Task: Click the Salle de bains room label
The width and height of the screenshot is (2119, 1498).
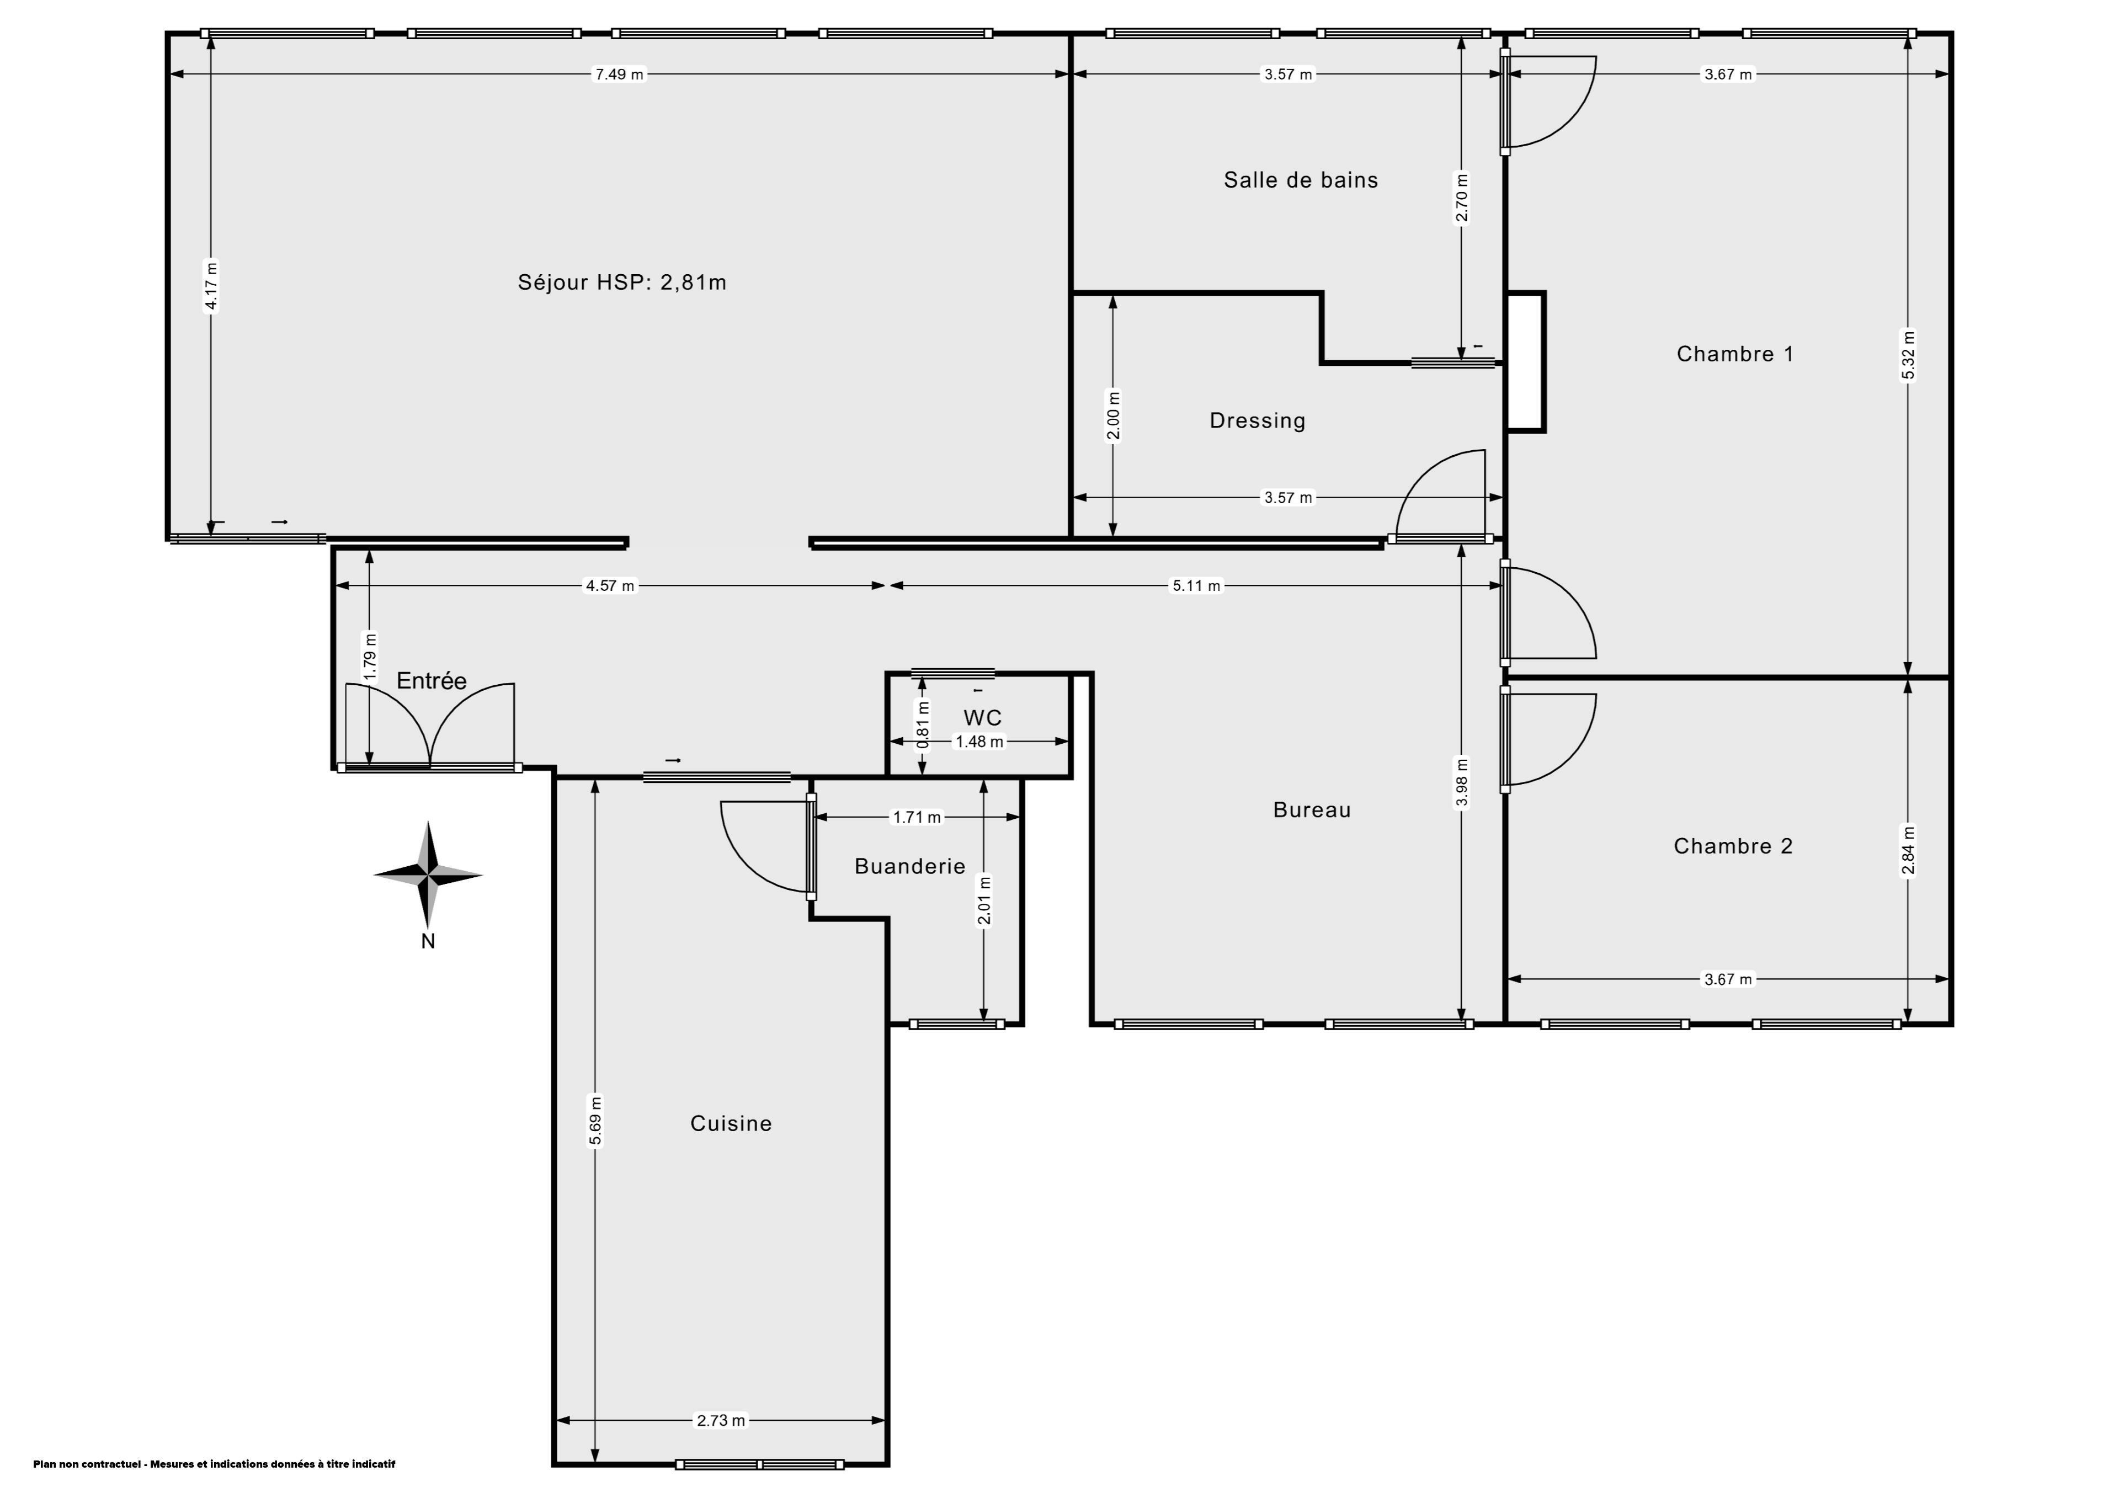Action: (x=1301, y=180)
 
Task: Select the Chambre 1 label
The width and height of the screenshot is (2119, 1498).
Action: (x=1735, y=354)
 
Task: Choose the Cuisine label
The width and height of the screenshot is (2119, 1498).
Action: (x=731, y=1123)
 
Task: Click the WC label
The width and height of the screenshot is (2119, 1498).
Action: (x=982, y=717)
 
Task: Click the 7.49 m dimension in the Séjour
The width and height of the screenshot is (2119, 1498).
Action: (x=619, y=74)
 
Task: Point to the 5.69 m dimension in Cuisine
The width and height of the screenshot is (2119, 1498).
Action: (x=596, y=1121)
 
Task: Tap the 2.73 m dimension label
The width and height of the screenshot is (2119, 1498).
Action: (x=720, y=1420)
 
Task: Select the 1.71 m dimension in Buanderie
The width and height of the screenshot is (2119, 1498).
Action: (x=917, y=817)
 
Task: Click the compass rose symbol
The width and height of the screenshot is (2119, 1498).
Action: (x=427, y=874)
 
